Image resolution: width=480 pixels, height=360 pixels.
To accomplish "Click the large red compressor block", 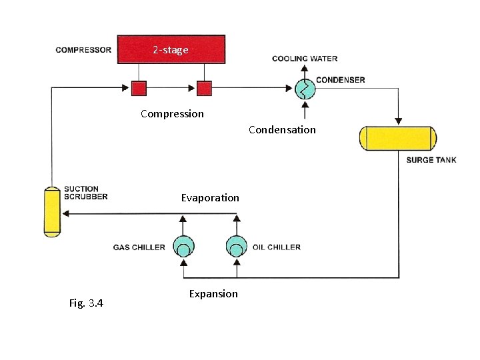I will tap(171, 49).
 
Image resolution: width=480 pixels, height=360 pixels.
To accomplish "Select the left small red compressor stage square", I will tap(139, 88).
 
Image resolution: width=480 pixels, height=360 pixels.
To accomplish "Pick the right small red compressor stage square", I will tap(204, 88).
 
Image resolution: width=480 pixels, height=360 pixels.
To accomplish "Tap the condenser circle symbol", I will tap(305, 88).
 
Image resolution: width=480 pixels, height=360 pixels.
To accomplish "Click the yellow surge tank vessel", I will tap(398, 138).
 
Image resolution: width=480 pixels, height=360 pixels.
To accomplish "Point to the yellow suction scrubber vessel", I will tap(51, 211).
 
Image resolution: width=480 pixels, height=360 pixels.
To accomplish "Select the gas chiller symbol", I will tap(183, 247).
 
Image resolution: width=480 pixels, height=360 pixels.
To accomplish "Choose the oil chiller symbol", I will tap(235, 247).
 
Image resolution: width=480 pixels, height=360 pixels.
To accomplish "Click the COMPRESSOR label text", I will tap(83, 50).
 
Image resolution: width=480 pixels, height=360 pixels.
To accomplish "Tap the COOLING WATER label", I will tap(304, 59).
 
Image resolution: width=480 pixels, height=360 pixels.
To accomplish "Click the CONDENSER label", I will tap(340, 80).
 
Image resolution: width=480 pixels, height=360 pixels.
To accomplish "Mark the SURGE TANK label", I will tap(431, 160).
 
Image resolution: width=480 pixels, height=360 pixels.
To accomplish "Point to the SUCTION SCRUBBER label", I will tap(85, 193).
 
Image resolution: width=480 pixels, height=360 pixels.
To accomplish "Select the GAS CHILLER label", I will tap(139, 247).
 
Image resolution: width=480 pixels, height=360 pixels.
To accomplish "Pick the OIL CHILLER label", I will tap(277, 247).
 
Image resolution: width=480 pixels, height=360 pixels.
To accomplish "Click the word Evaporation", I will tap(210, 197).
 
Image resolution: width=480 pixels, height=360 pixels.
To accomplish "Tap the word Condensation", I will tap(282, 129).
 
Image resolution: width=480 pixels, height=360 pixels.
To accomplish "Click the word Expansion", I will tap(213, 293).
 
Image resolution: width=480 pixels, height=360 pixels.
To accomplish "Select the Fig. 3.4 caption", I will tap(86, 303).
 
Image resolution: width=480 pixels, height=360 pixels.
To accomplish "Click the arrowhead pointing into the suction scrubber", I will tap(65, 214).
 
